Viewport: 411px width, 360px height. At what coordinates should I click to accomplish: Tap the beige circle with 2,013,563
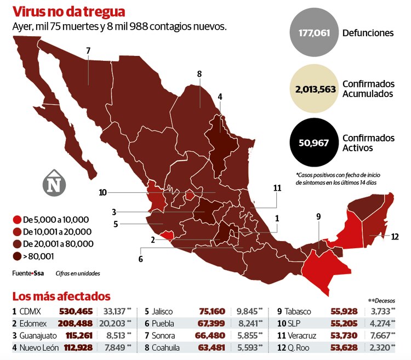tap(315, 89)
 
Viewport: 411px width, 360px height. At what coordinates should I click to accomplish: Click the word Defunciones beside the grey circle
tap(368, 33)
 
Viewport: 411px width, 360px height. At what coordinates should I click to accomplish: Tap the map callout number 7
tap(88, 51)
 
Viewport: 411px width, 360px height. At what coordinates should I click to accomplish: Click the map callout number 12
tap(395, 237)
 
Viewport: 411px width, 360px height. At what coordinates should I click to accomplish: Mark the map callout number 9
tap(318, 216)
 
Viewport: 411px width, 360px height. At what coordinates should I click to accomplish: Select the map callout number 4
tap(220, 96)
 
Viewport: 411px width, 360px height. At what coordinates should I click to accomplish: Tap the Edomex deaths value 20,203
tap(112, 323)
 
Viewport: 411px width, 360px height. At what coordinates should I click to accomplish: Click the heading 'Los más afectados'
tap(61, 296)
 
